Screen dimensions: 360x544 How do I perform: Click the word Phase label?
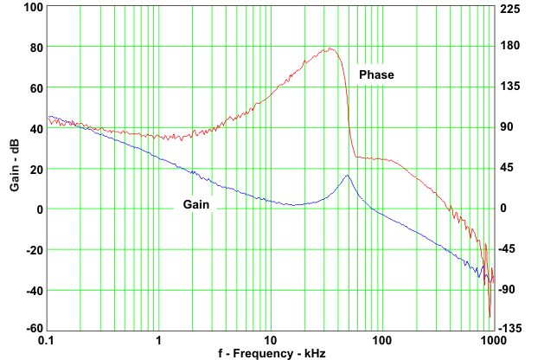376,75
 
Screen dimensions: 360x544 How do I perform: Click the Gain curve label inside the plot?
195,205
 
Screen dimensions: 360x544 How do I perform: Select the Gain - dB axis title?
15,167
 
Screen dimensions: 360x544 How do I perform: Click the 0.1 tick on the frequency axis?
48,340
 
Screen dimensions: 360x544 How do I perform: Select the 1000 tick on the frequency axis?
492,340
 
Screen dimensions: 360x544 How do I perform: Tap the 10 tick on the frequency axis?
271,340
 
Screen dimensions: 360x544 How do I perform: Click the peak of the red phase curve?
330,48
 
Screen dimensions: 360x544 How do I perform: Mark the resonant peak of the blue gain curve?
347,176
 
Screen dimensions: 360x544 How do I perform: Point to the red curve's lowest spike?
490,316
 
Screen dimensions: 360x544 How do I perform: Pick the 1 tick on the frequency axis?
159,340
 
